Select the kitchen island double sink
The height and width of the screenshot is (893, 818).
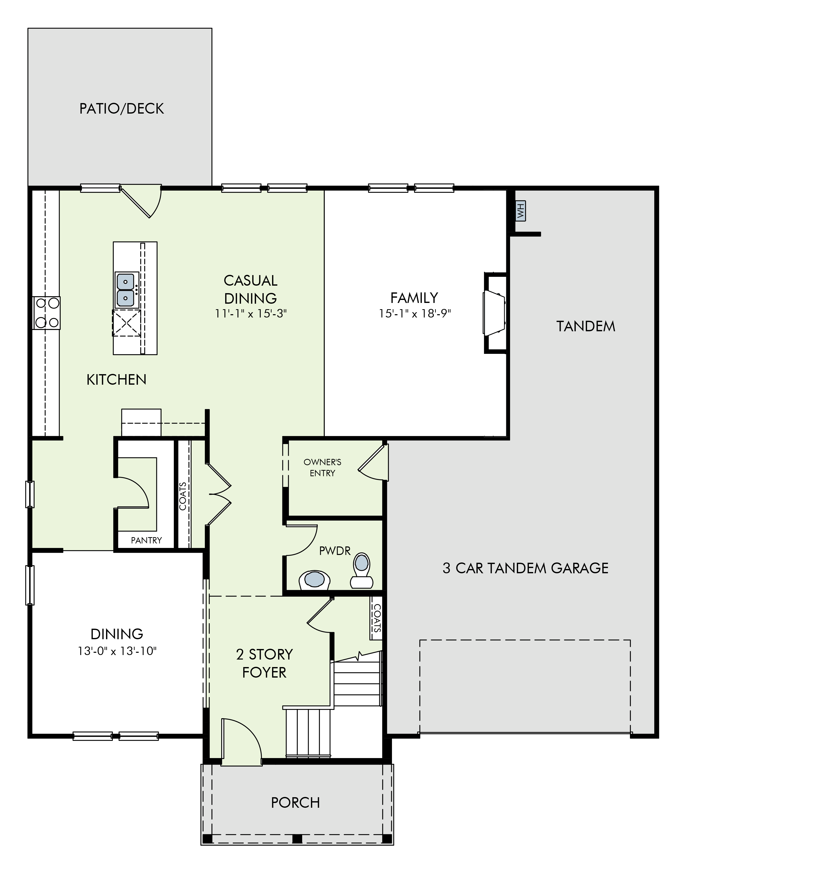pyautogui.click(x=126, y=290)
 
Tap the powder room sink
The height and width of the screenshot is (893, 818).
pyautogui.click(x=315, y=580)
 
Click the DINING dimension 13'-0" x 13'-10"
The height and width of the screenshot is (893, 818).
pyautogui.click(x=117, y=651)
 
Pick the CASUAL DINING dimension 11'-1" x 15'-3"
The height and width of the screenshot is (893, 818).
pyautogui.click(x=251, y=314)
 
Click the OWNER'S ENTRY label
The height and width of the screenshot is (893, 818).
pyautogui.click(x=322, y=467)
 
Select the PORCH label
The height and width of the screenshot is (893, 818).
pyautogui.click(x=295, y=803)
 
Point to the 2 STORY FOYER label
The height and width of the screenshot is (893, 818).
pyautogui.click(x=264, y=663)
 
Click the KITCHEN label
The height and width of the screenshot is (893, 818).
pyautogui.click(x=116, y=380)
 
